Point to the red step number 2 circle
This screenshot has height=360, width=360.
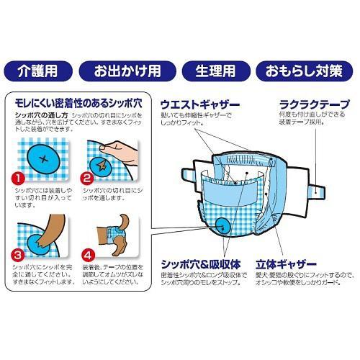tap(89, 175)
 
